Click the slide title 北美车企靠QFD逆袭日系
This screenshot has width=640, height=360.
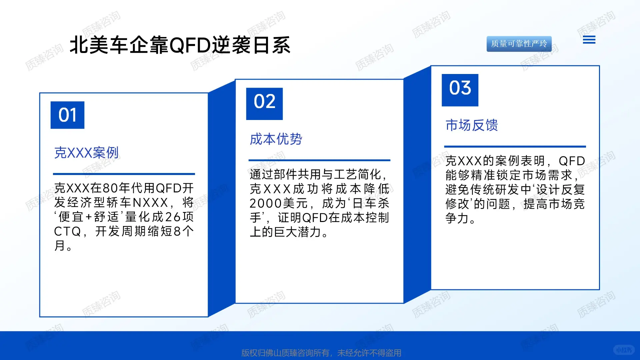click(x=180, y=45)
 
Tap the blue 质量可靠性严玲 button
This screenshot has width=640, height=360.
click(x=519, y=44)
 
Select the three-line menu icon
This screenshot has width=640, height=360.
click(x=589, y=40)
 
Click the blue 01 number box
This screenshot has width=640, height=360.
click(x=67, y=115)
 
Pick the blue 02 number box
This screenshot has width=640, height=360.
click(x=264, y=104)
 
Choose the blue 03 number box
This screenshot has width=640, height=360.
click(x=460, y=90)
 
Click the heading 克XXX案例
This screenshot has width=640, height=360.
click(x=86, y=153)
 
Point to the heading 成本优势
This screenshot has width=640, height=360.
click(x=276, y=139)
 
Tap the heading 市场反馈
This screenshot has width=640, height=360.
click(x=472, y=125)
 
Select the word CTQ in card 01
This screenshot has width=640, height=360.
click(x=67, y=231)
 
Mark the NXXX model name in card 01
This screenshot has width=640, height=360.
click(x=150, y=203)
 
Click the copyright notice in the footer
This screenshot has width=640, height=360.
click(x=321, y=353)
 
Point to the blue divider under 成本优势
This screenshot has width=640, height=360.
click(x=319, y=160)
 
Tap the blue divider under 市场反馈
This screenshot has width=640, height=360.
click(x=515, y=146)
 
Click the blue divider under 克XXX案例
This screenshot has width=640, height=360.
click(x=124, y=174)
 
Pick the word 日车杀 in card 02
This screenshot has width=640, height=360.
click(x=371, y=203)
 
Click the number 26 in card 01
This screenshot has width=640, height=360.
click(x=173, y=217)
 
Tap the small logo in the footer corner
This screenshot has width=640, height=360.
click(x=623, y=350)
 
